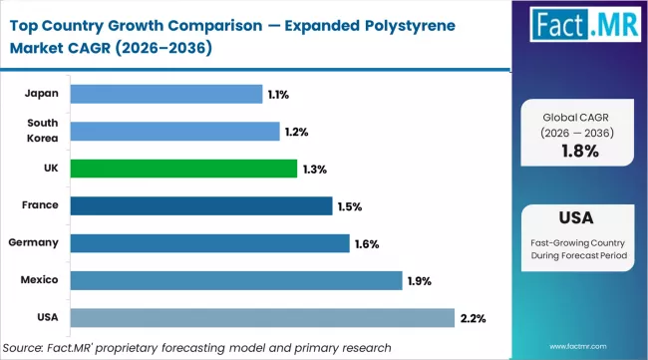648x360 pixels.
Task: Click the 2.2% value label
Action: pos(473,318)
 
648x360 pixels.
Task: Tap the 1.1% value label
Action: pos(278,95)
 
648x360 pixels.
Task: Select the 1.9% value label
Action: pos(420,281)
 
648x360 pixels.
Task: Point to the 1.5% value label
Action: pos(349,206)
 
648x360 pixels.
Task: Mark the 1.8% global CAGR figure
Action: pos(578,151)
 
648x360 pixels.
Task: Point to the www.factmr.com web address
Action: pos(601,348)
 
